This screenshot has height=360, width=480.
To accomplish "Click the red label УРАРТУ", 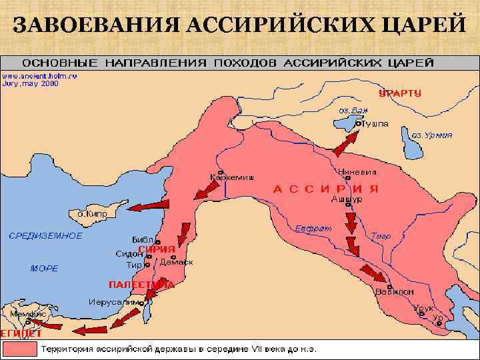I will pos(399,93).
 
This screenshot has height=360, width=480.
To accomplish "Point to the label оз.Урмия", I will pos(431,135).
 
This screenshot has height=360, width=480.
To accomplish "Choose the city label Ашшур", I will pos(347,199).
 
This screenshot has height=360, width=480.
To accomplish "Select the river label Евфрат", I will pos(313,228).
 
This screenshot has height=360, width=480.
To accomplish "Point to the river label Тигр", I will pos(381,235).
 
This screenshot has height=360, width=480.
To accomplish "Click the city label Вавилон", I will pos(395,291).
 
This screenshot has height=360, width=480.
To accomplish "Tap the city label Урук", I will pos(424,308).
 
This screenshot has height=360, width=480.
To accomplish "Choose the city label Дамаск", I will pos(177,262).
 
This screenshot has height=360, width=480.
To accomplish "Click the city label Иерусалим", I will pos(114,302).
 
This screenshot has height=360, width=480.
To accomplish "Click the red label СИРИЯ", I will pos(156,249).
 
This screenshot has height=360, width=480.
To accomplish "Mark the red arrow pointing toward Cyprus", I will pos(149,206).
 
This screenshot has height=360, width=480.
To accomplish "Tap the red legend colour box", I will pos(19,349).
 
